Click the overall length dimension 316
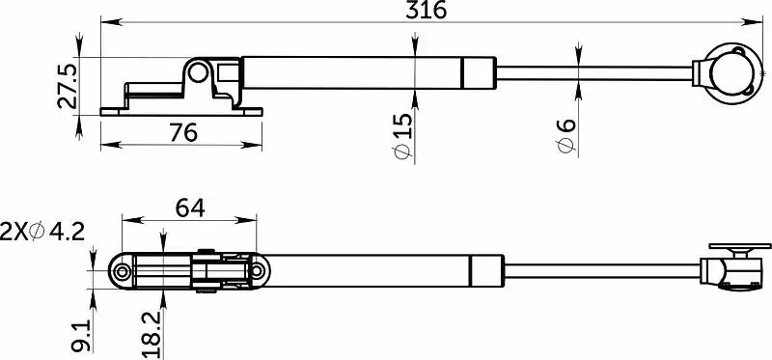pos(426,10)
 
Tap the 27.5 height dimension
pos(67,86)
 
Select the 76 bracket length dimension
pos(183,132)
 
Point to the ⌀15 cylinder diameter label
pos(402,136)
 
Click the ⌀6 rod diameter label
pos(566,135)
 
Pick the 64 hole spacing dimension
pos(190,208)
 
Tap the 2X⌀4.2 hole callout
pos(42,232)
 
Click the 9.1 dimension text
pos(80,336)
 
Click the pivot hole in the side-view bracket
pos(198,73)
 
